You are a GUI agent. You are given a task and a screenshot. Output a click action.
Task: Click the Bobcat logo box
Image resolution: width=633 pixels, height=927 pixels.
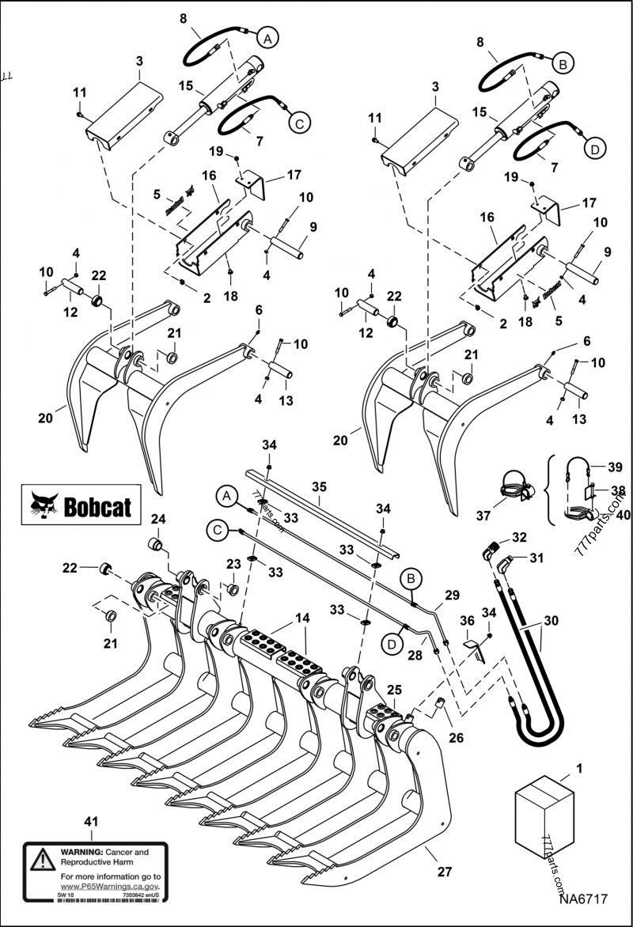(81, 505)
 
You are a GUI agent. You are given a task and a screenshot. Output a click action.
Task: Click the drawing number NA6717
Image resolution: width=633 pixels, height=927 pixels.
(582, 899)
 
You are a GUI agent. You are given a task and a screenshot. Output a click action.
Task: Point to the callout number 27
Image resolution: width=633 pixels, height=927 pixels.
(445, 872)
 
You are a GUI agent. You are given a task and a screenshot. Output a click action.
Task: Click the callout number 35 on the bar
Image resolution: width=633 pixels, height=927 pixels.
(319, 501)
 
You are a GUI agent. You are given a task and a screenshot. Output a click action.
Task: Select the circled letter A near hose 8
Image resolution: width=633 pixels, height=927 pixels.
(267, 37)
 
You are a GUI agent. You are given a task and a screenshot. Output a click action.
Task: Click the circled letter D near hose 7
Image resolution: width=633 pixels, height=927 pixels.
(594, 147)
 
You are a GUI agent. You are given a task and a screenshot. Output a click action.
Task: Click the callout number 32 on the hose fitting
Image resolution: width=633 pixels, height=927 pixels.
(518, 537)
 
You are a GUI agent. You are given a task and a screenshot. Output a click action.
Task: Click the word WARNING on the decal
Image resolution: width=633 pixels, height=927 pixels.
(80, 853)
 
